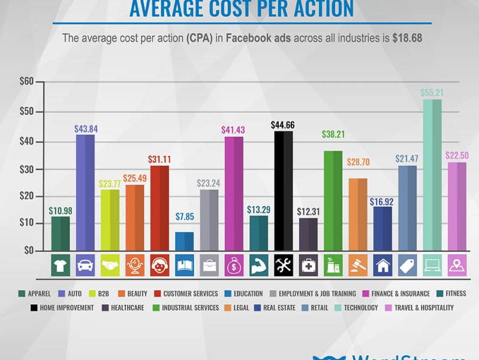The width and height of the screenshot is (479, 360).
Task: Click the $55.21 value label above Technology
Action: point(432,93)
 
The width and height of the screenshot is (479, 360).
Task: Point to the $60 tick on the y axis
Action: point(27,82)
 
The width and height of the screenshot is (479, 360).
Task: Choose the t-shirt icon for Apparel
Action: point(61,264)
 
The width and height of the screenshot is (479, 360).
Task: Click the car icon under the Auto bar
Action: point(85,264)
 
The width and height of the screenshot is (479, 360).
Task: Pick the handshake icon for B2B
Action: point(110,264)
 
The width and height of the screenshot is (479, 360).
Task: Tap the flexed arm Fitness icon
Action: point(258,264)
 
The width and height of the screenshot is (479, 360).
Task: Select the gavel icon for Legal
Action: point(358,264)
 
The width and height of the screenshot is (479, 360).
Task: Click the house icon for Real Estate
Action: point(382,264)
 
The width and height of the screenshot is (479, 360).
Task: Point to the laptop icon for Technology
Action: point(432,264)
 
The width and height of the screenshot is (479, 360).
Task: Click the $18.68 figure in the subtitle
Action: point(407,38)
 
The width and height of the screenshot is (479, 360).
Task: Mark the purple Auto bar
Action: point(85,193)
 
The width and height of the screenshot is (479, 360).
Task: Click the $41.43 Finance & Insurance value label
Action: point(234,130)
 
